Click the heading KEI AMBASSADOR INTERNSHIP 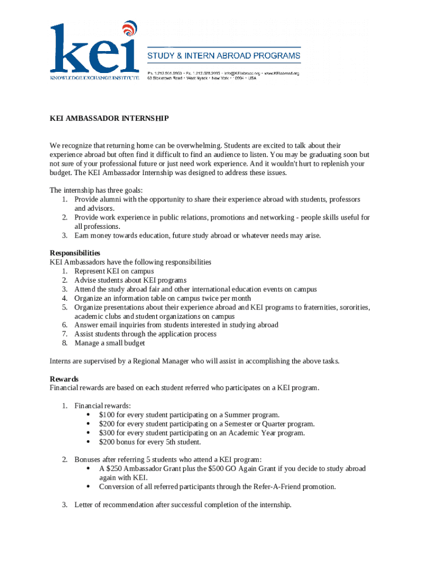(109, 119)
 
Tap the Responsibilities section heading (75, 253)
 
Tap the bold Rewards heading (64, 379)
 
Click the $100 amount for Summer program (107, 415)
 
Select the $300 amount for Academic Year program (107, 433)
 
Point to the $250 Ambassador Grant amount (116, 469)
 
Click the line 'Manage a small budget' (110, 343)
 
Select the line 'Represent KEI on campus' (114, 271)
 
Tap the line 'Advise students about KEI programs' (130, 280)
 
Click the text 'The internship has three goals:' (96, 190)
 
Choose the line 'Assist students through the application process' (145, 334)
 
